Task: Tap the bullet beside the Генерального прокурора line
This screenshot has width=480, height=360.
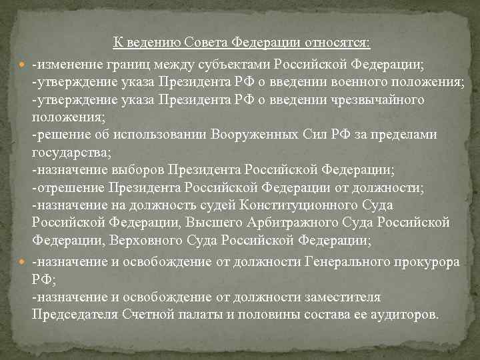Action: [x=25, y=262]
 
